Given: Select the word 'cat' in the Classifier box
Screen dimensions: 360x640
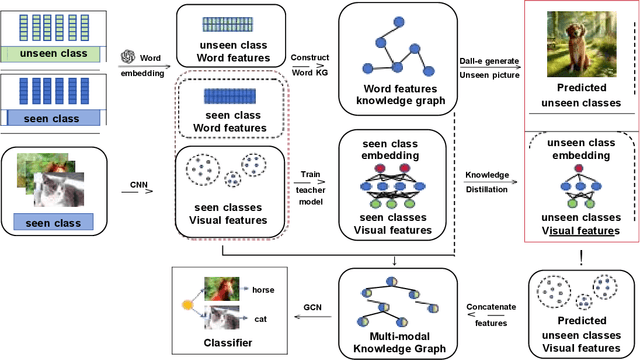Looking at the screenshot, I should point(260,319).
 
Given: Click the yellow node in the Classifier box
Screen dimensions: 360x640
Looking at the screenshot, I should point(187,303).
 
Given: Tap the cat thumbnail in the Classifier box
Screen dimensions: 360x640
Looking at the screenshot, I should point(225,318).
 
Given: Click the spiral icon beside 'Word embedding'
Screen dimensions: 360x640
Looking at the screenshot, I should point(126,55).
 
